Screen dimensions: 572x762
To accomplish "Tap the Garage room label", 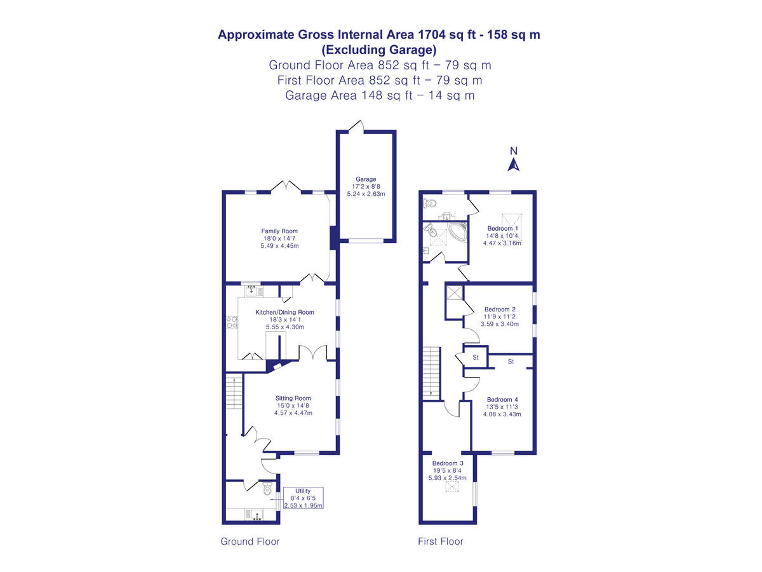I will click(x=366, y=179).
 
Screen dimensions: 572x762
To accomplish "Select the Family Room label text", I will click(x=279, y=231).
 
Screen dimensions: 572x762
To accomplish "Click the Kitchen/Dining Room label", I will click(x=284, y=312).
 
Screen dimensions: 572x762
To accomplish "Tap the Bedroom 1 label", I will click(x=503, y=228).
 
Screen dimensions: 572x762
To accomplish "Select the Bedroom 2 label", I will click(x=500, y=310).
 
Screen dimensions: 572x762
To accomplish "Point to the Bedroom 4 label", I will click(x=503, y=400).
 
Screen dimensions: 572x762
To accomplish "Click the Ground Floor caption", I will click(x=250, y=541).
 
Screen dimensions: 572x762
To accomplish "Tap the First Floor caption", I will click(x=441, y=541).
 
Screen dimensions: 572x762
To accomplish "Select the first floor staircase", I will click(x=432, y=372).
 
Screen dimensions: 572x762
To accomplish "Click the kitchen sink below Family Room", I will click(x=253, y=291).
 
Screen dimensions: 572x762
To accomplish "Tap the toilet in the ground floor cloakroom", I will click(x=268, y=489).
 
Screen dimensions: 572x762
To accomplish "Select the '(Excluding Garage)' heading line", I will click(x=379, y=50).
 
